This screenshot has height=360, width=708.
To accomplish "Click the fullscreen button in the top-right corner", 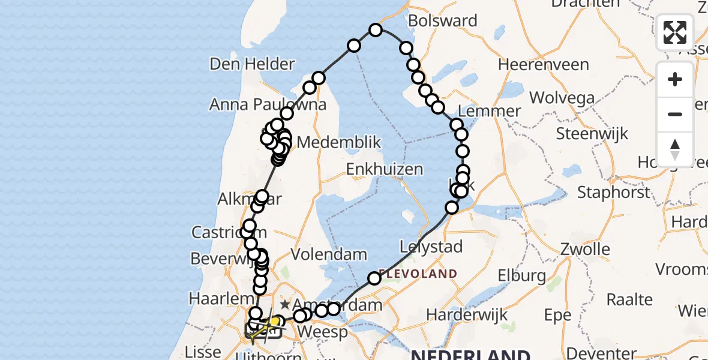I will (675, 32).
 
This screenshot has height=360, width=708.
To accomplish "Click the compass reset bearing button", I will (675, 149).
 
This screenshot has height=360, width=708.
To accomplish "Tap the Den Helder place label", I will (252, 64).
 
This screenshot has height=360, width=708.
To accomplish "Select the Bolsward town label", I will (445, 21).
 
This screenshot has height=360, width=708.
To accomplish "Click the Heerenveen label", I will (537, 64).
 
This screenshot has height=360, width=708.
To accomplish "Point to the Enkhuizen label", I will (385, 170).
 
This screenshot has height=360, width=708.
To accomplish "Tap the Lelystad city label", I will (431, 247).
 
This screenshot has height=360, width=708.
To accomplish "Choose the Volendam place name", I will (329, 254).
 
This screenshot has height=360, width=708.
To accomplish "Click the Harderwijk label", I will (467, 314).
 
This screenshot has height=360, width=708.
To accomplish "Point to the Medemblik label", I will (339, 143).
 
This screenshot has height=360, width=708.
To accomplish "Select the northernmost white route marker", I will (376, 30).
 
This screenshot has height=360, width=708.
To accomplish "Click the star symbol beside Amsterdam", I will (286, 304).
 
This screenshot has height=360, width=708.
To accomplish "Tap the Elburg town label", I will (521, 276).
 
